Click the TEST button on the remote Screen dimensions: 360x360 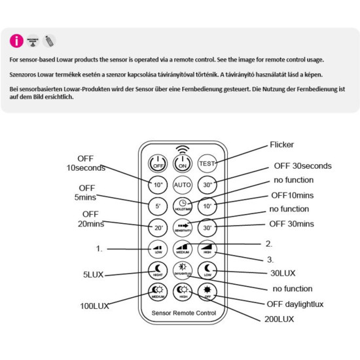coord(207,163)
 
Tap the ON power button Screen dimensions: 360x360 coord(183,164)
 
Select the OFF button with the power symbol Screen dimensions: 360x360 coord(158,164)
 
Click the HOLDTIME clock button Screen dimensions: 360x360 coord(183,206)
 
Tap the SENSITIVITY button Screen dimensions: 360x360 coord(183,228)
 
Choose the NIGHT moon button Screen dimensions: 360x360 coord(158,270)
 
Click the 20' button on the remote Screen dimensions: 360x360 coord(158,228)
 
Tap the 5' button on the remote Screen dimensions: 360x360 coord(158,206)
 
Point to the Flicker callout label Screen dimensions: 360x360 coord(282,145)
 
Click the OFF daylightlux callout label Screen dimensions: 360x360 coord(295,304)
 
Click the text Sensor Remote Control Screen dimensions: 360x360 coord(183,314)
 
